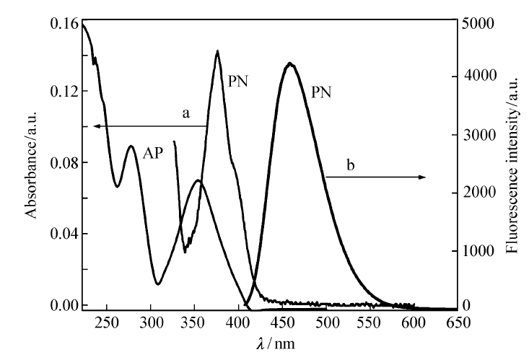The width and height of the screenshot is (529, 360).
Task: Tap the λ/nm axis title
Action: point(276,344)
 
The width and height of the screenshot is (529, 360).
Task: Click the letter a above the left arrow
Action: point(185,113)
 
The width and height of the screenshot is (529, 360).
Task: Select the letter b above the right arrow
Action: point(351,166)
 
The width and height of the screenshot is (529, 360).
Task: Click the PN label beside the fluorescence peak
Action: point(322,92)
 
